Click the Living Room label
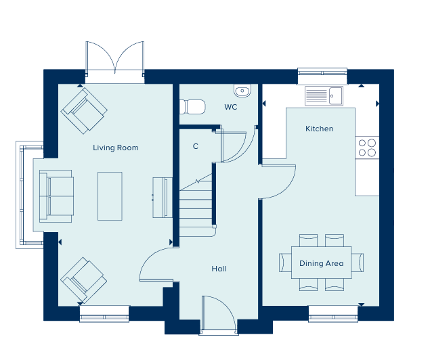coord(115,148)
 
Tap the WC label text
coord(231,107)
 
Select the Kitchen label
coord(319,129)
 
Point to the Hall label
coord(219,269)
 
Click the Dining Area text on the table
coord(322,263)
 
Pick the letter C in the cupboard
coord(195,146)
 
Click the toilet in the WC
coord(192,107)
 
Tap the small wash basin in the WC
coord(242,91)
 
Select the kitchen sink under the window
coord(324,96)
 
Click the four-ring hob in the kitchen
coord(367,148)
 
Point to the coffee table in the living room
coord(110,196)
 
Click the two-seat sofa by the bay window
coord(56,196)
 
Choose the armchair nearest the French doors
coord(84,110)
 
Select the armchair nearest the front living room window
coord(84,280)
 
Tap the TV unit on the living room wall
coord(163,198)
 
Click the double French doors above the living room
coord(115,58)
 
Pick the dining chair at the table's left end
coord(285,263)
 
